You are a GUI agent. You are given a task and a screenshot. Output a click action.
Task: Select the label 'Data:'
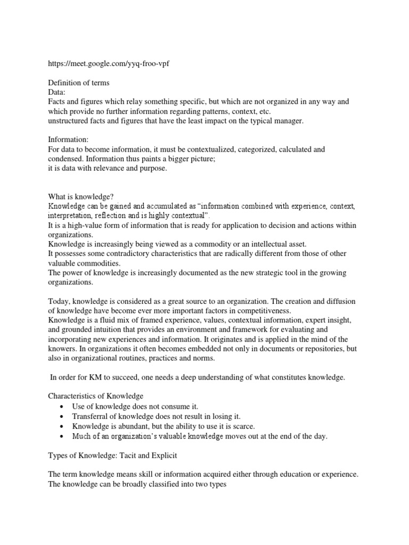tap(56, 92)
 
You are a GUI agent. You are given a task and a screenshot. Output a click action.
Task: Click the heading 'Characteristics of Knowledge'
tap(96, 397)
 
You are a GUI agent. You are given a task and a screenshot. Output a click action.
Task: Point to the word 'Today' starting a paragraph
tap(59, 301)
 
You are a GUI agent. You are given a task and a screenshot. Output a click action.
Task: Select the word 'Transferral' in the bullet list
tap(93, 416)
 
